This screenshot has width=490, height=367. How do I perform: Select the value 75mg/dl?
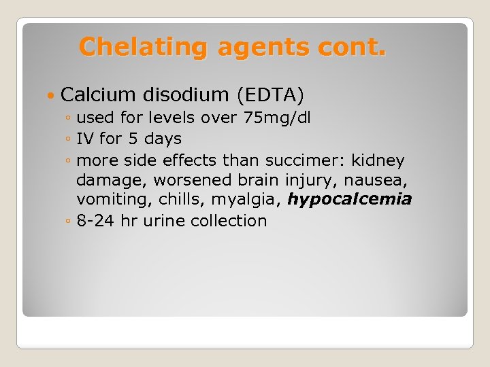click(x=277, y=118)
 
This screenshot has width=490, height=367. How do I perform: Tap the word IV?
click(x=86, y=139)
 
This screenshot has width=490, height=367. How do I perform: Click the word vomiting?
click(x=107, y=199)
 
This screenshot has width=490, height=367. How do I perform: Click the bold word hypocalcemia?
click(x=350, y=199)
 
